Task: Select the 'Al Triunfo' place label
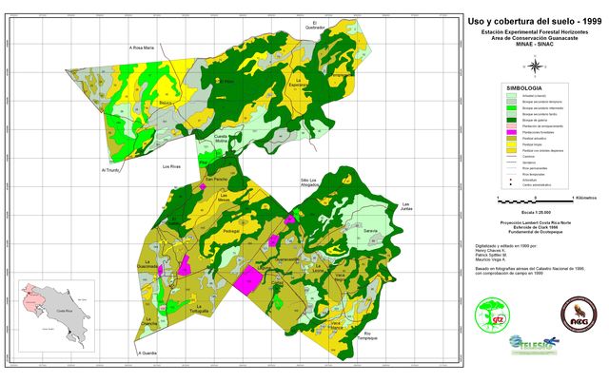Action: (111, 171)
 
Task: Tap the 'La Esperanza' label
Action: (299, 82)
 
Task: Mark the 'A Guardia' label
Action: (146, 353)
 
